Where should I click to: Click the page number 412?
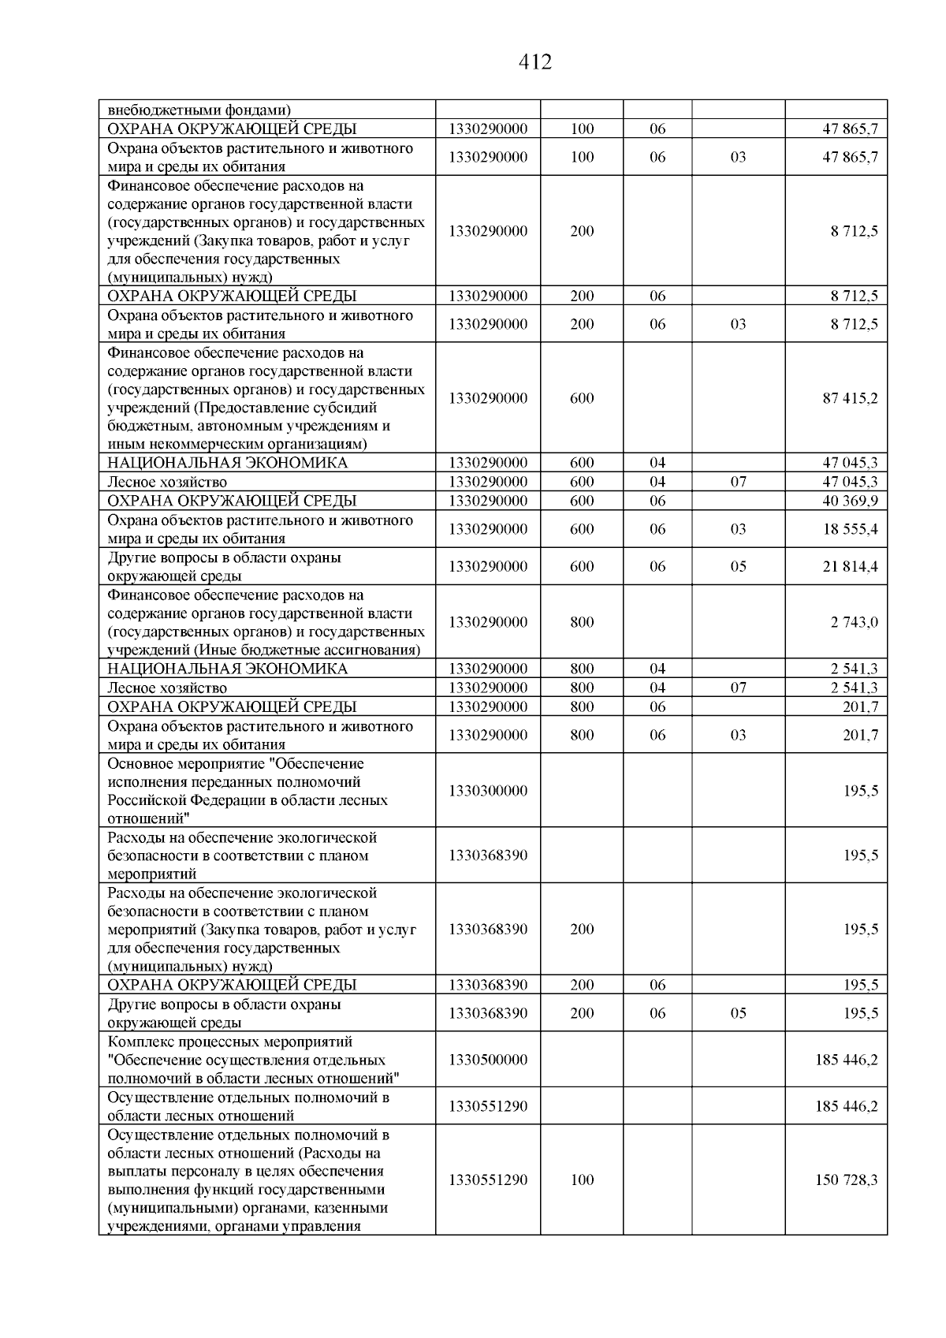point(535,62)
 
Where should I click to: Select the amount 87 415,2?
point(850,398)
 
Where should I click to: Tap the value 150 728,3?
point(846,1180)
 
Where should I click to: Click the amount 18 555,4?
point(850,529)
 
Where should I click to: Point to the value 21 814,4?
point(850,566)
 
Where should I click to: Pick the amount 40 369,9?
point(850,501)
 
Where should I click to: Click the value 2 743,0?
point(854,622)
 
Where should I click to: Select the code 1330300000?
point(488,791)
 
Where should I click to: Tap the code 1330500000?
point(488,1060)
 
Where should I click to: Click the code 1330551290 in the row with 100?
point(488,1180)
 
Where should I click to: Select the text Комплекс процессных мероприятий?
point(230,1042)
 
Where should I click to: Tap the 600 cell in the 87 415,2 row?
point(582,398)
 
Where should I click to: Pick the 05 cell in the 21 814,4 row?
point(738,566)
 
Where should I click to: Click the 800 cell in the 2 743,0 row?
point(582,622)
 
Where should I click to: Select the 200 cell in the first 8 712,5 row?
point(582,231)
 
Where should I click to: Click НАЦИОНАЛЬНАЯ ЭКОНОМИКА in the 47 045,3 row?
point(227,463)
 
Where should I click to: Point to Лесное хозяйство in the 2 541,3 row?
point(167,688)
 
